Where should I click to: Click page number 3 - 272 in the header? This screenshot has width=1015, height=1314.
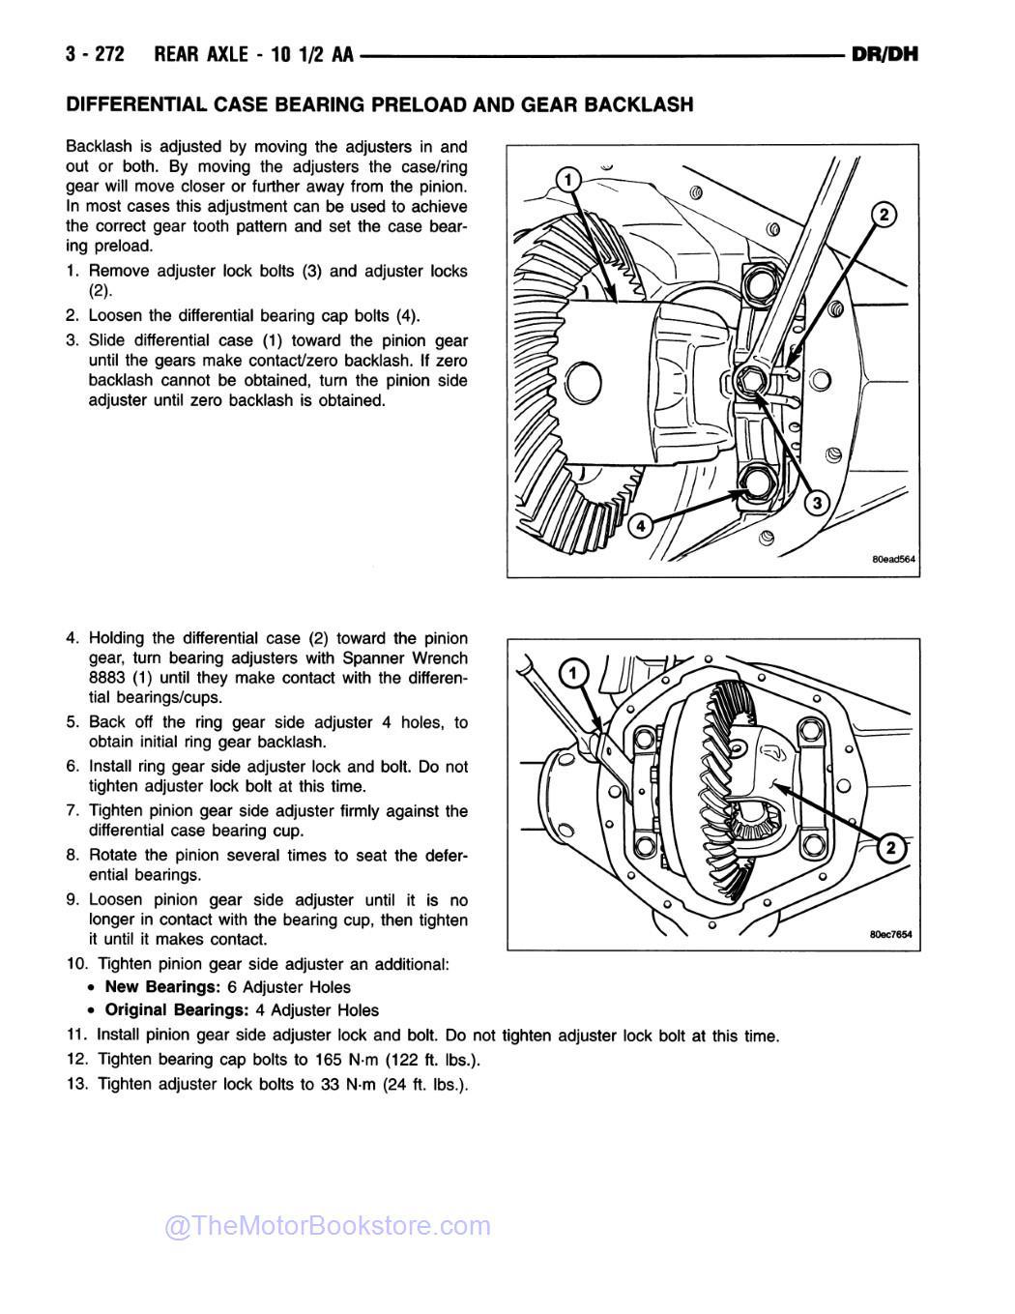point(95,54)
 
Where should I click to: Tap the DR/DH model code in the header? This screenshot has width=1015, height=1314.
point(884,54)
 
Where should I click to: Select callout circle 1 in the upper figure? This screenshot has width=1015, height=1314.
point(569,180)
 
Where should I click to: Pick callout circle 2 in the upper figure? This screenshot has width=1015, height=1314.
point(884,215)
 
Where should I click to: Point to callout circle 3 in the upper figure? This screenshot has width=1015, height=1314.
point(815,503)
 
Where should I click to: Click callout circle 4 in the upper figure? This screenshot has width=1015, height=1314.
point(639,525)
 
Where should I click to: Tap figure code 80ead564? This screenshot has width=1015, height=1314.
point(892,559)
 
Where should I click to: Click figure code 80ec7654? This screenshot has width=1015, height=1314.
point(890,934)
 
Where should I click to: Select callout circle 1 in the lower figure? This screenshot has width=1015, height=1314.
point(571,673)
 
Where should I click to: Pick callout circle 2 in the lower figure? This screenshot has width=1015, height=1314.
point(891,849)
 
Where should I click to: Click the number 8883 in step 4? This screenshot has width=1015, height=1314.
point(108,678)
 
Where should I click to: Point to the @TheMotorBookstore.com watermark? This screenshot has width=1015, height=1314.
point(328,1226)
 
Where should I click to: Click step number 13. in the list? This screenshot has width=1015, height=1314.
point(78,1084)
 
